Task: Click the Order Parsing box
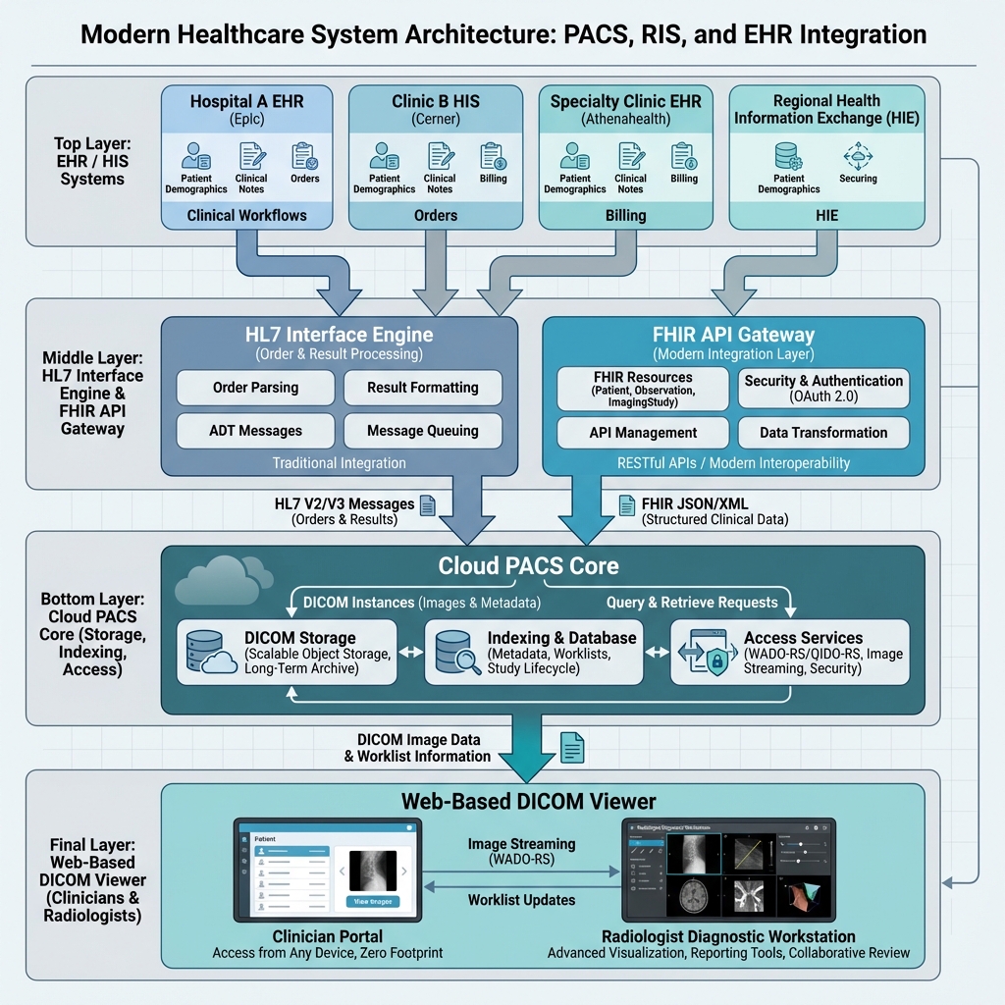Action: [255, 388]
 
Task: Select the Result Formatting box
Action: [422, 388]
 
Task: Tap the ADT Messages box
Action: [255, 431]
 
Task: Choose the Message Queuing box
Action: [422, 431]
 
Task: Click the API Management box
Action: [643, 433]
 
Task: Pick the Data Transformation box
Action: [823, 433]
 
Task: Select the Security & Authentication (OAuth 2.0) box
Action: [823, 389]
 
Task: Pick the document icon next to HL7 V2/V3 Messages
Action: [427, 504]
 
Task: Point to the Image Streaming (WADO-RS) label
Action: [521, 851]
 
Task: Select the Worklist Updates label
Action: [521, 900]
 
